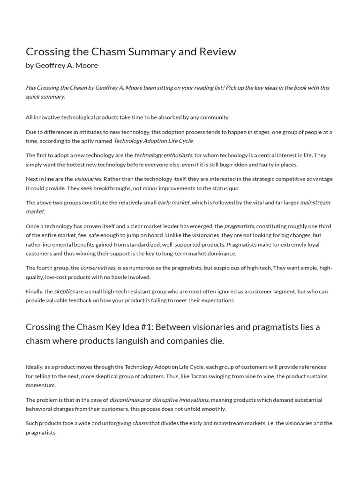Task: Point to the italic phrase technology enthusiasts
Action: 163,155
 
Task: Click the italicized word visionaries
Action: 88,179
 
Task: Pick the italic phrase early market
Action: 173,202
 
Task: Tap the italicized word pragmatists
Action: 239,226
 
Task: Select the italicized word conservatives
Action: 98,268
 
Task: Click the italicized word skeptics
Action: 64,291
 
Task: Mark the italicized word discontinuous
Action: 127,400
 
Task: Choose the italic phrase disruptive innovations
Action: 180,400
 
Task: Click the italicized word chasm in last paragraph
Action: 140,423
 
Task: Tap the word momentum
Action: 41,385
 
